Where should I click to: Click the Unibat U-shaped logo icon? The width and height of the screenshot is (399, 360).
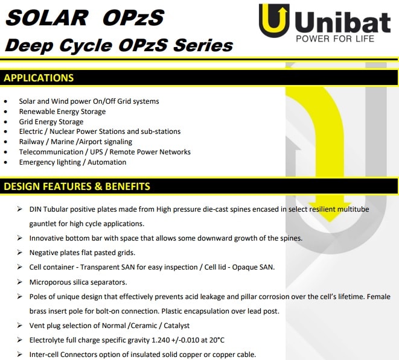point(274,21)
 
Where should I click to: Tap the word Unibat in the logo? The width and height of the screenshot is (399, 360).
point(343,22)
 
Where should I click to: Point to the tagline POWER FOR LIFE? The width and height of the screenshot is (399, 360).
point(335,39)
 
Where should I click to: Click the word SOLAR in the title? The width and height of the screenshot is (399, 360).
point(47,17)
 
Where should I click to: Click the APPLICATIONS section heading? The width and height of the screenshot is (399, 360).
point(39,78)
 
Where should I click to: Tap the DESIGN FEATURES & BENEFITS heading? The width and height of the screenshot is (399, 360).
point(77,186)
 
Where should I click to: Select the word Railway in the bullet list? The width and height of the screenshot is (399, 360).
point(31,142)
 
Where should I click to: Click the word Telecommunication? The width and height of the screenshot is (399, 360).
point(51,152)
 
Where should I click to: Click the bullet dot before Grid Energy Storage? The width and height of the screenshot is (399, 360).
point(5,122)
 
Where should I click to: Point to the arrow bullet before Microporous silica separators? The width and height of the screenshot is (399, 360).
point(19,282)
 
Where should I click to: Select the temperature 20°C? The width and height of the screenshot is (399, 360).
point(217,340)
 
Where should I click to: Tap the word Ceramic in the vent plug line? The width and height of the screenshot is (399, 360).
point(144,326)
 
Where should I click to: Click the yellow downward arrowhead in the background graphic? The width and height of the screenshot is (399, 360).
point(330,211)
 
